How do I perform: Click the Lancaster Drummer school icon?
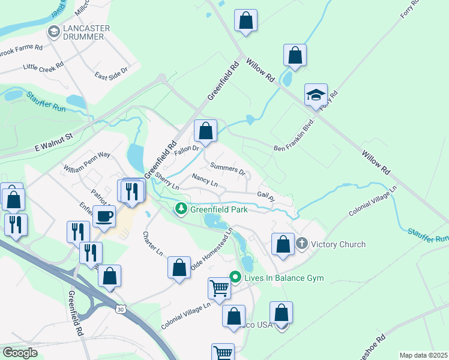(x=53, y=32)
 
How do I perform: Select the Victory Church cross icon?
(x=301, y=244)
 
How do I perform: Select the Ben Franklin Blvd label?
(x=294, y=144)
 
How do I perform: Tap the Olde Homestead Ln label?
(x=211, y=248)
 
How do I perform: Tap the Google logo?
(x=20, y=353)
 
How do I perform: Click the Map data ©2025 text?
(x=423, y=355)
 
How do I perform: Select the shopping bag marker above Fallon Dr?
(x=205, y=131)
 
